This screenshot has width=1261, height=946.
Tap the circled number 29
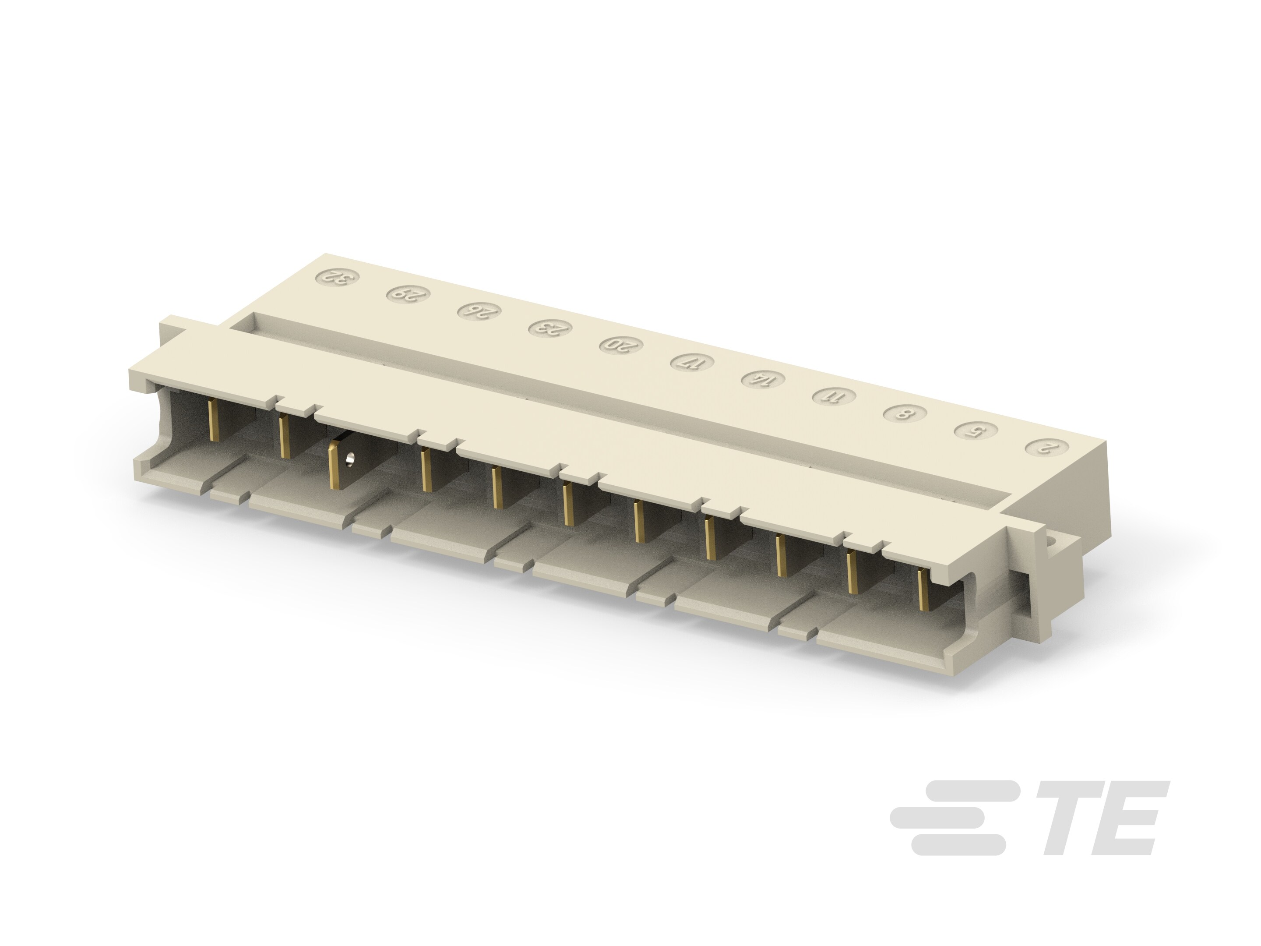(x=408, y=294)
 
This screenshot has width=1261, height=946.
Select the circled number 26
(x=479, y=311)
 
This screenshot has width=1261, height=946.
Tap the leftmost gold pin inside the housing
(x=215, y=420)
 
